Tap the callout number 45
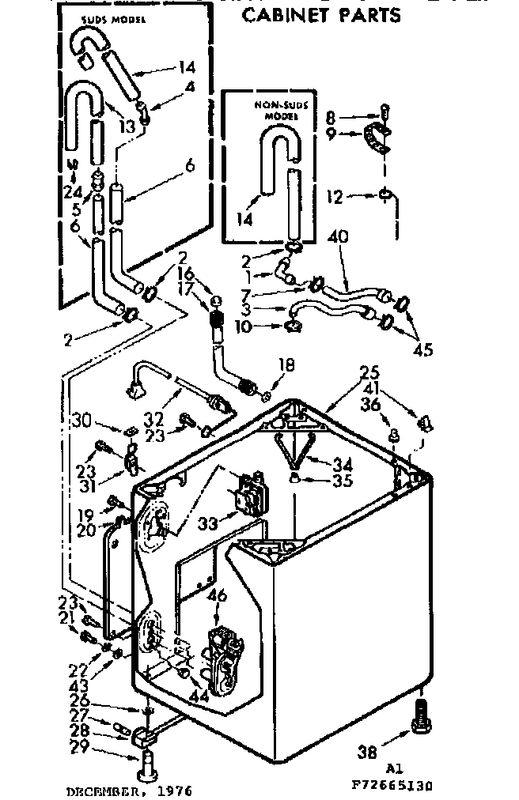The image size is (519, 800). click(423, 350)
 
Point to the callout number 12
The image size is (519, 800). click(335, 196)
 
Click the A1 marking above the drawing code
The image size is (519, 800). click(394, 767)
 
